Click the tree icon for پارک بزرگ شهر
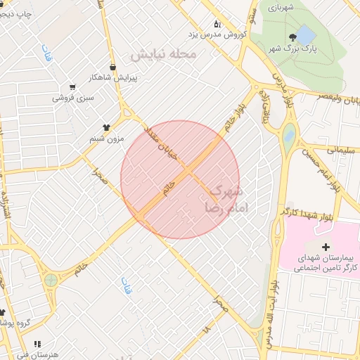tap(291, 37)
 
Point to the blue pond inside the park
tap(306, 34)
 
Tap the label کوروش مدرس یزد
tap(214, 34)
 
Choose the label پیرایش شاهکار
tap(114, 77)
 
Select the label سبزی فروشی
tap(72, 98)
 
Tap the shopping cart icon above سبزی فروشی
tap(72, 88)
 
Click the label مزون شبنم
tap(106, 139)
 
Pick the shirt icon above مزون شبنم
tap(106, 127)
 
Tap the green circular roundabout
tap(51, 280)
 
